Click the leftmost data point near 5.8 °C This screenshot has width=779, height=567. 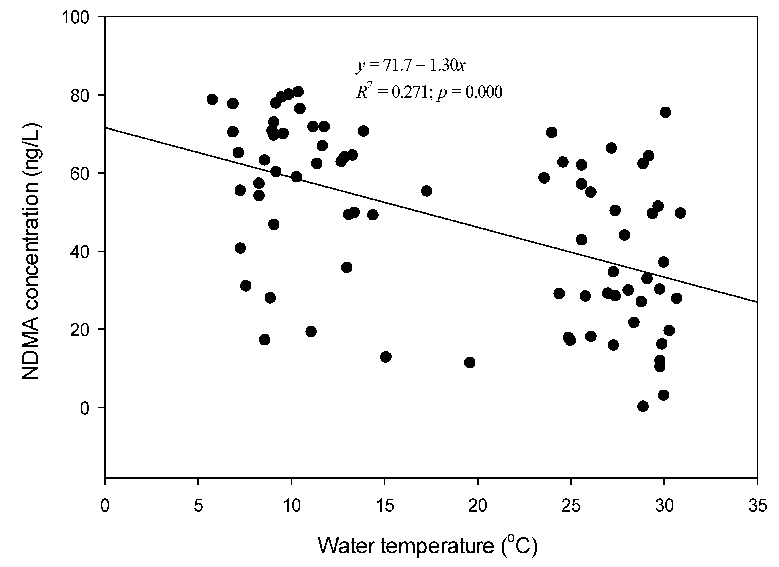click(x=212, y=100)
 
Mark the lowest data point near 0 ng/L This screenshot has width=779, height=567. click(x=643, y=406)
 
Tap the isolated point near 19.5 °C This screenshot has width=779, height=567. click(x=469, y=362)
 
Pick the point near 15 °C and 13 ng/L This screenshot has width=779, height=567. click(x=386, y=357)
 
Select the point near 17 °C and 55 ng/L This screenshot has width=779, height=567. click(x=427, y=191)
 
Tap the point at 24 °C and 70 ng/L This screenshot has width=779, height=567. click(x=552, y=133)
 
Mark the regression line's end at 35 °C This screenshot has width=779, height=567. click(x=757, y=302)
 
